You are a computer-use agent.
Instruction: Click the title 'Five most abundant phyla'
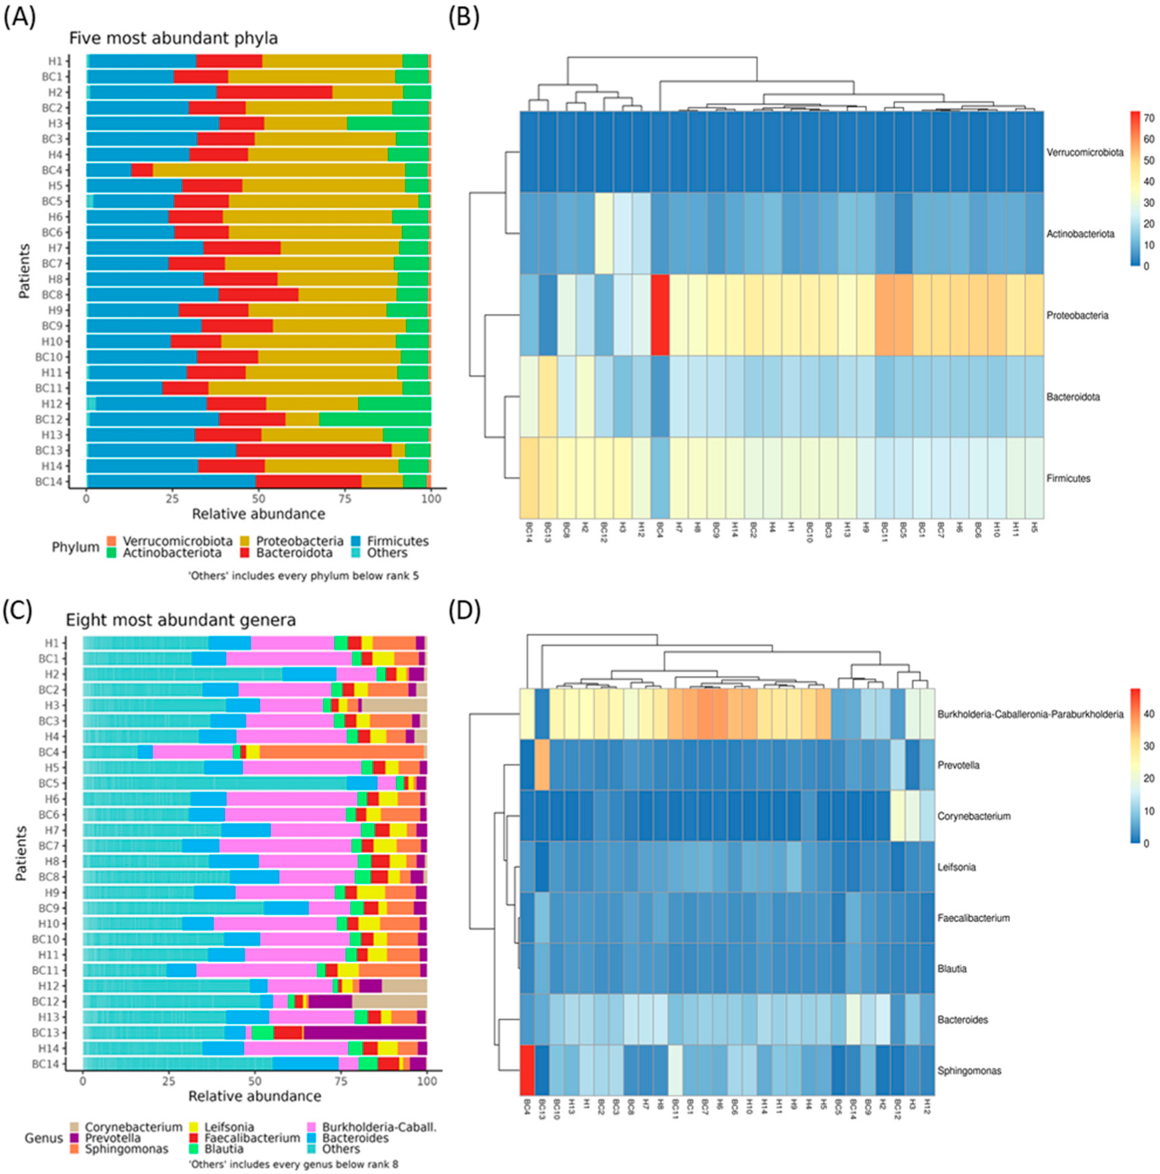tap(173, 38)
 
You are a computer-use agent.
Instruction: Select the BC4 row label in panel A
tap(52, 170)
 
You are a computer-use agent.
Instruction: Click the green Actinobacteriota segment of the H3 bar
tap(388, 123)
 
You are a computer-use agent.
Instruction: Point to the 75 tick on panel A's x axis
tap(345, 499)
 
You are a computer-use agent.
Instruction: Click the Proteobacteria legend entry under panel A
tap(299, 541)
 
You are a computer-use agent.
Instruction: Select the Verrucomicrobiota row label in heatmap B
tap(1084, 153)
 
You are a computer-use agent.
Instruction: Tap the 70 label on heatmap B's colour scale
tap(1149, 118)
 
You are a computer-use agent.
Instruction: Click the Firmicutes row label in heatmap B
tap(1068, 478)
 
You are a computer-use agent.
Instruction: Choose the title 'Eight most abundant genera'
tap(180, 620)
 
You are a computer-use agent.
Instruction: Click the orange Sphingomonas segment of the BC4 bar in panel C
tap(342, 751)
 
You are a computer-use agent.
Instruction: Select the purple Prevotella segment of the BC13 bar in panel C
tap(365, 1033)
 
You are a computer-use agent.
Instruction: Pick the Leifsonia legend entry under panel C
tap(228, 1127)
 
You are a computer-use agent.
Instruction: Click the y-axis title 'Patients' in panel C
tap(21, 854)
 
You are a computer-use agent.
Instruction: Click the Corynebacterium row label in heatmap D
tap(973, 816)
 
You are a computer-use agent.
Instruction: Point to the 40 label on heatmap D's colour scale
tap(1149, 714)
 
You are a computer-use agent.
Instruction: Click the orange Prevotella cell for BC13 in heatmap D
tap(542, 765)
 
